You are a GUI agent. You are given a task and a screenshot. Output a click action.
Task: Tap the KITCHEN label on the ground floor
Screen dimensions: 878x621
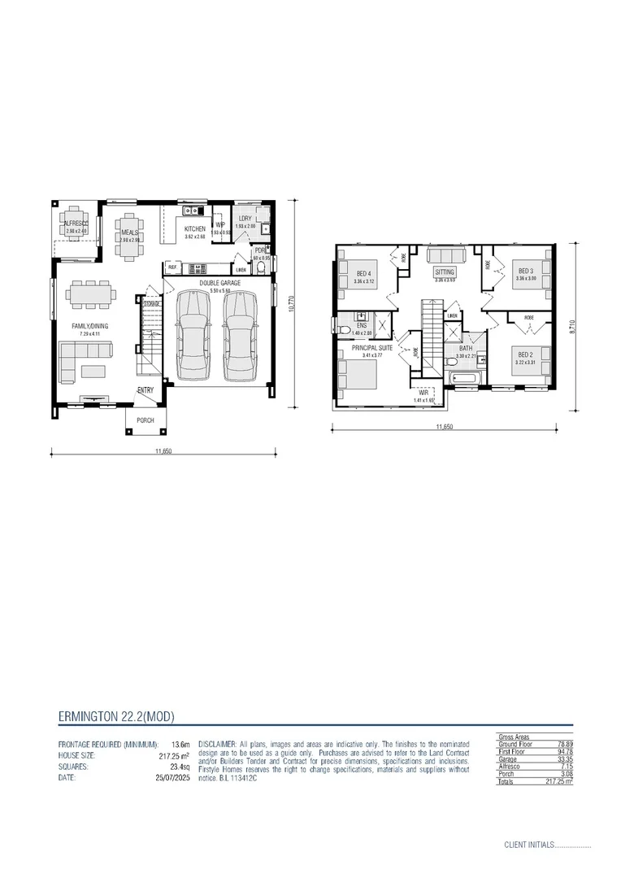click(x=194, y=229)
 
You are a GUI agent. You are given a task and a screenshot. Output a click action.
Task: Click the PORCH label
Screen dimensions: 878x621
click(x=145, y=420)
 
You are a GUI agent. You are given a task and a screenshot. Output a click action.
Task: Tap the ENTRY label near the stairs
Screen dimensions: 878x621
click(x=145, y=390)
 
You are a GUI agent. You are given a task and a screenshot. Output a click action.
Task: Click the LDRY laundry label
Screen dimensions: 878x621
click(x=245, y=219)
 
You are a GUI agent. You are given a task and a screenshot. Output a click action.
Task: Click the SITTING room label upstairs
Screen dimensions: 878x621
click(x=445, y=272)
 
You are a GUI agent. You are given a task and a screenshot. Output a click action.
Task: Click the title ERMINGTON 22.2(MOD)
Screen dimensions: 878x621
click(x=116, y=716)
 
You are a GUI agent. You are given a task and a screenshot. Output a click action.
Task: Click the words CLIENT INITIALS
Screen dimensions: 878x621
click(x=528, y=845)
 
